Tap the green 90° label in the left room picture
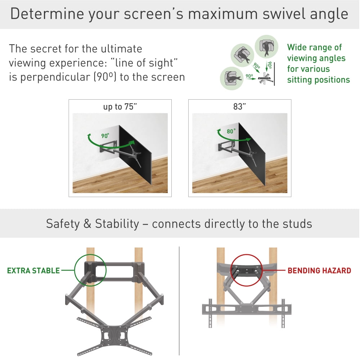105,136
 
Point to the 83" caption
239,107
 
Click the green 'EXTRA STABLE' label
33,270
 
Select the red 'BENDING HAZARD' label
319,270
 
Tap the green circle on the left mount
90,270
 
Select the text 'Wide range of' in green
314,47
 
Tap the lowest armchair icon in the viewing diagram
231,77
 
